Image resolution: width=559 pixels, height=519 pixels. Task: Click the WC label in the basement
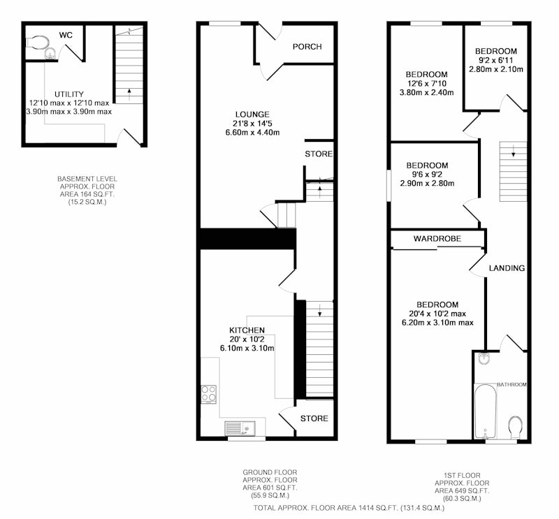tap(66, 35)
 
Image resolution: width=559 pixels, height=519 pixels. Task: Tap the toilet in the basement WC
tap(37, 42)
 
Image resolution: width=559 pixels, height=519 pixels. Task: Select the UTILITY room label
tap(69, 94)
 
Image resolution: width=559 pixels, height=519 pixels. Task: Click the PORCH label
tap(307, 47)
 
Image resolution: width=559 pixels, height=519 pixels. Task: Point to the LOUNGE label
tap(252, 115)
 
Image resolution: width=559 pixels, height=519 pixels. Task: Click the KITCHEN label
tap(247, 330)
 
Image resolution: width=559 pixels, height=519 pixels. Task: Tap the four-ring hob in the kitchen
tap(208, 394)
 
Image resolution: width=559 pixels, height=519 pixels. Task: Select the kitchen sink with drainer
tap(240, 428)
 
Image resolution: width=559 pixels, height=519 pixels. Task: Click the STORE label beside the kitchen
tap(314, 418)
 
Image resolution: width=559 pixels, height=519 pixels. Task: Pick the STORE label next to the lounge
tap(319, 154)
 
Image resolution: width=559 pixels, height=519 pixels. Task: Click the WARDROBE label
tap(437, 238)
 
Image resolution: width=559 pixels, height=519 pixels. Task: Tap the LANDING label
tap(507, 268)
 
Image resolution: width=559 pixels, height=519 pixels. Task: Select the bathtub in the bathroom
tap(485, 411)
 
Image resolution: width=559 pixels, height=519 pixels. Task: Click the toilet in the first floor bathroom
tap(516, 427)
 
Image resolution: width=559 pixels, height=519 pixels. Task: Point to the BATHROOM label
tap(511, 385)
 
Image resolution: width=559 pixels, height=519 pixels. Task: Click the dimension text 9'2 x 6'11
tap(496, 60)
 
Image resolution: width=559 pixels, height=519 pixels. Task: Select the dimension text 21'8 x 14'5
tap(252, 124)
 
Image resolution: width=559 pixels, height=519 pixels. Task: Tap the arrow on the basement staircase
tap(129, 94)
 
